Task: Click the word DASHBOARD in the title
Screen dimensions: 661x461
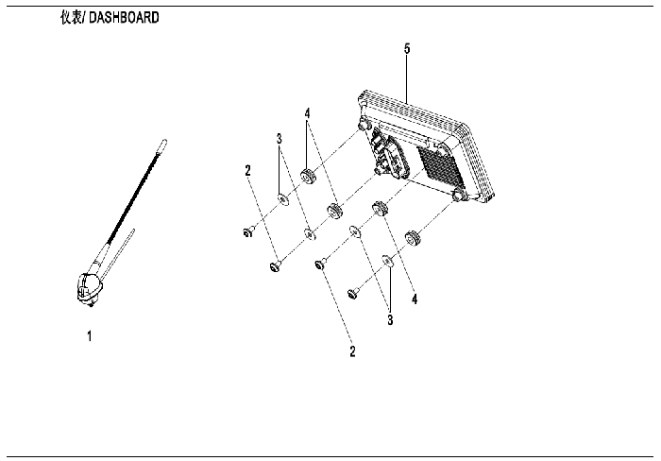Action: pos(124,18)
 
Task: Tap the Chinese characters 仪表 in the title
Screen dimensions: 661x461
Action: pos(71,18)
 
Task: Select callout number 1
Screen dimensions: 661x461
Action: pos(89,336)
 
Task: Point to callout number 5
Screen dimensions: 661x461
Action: pos(407,48)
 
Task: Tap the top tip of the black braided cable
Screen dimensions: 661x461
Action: pos(165,141)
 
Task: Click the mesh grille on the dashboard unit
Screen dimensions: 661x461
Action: pos(441,167)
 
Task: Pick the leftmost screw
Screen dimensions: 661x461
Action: pos(248,231)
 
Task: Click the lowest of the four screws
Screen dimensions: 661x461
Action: pos(353,292)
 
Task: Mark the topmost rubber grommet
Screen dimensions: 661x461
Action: pos(308,176)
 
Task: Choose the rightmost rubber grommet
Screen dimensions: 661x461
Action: pos(413,238)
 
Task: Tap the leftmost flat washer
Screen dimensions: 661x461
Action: pos(283,198)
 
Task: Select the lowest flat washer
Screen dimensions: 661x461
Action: pos(387,262)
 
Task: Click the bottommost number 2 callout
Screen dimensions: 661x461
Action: pos(352,350)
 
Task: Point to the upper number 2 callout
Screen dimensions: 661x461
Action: pos(247,170)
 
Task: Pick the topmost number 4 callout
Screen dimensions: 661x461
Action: pos(307,113)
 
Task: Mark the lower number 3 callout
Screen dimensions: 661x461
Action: pos(390,319)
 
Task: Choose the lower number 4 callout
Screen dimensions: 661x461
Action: pos(415,299)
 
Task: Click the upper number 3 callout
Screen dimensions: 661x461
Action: pos(280,138)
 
